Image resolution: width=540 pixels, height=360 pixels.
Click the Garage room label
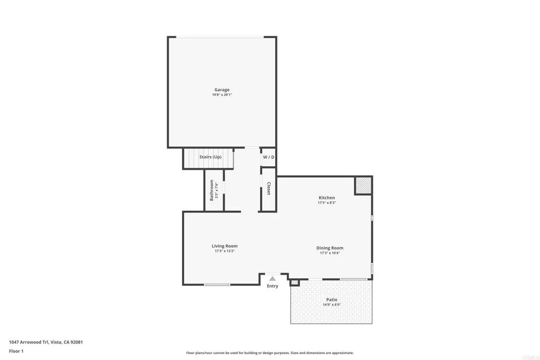(x=221, y=90)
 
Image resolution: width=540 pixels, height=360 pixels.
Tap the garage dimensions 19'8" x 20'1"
(x=221, y=95)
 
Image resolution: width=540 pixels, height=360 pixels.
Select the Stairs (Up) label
(x=210, y=157)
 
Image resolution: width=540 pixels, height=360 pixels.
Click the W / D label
(x=268, y=157)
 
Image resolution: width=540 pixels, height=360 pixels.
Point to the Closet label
(x=268, y=189)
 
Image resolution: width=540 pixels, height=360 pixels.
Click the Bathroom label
(x=212, y=190)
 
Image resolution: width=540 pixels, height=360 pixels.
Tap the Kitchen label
(x=326, y=198)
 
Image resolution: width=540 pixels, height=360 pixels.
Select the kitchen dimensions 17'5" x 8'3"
(x=326, y=203)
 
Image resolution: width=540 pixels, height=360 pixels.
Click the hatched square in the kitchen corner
(x=363, y=186)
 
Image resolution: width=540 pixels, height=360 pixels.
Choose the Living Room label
(x=225, y=246)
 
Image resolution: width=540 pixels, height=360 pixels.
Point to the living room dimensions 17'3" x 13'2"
(x=225, y=251)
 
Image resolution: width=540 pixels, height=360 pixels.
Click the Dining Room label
(x=330, y=248)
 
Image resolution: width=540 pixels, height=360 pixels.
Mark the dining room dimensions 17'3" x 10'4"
(x=330, y=254)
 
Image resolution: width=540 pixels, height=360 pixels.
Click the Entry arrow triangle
(x=272, y=278)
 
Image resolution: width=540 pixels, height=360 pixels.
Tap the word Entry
(x=272, y=286)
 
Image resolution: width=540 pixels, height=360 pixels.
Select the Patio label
(x=332, y=299)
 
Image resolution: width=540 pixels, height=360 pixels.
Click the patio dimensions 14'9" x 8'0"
(x=332, y=305)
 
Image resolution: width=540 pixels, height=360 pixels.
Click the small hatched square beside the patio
(x=295, y=283)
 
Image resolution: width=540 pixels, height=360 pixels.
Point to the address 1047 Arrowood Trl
(x=45, y=342)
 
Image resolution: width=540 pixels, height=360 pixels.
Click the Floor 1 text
(x=16, y=351)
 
